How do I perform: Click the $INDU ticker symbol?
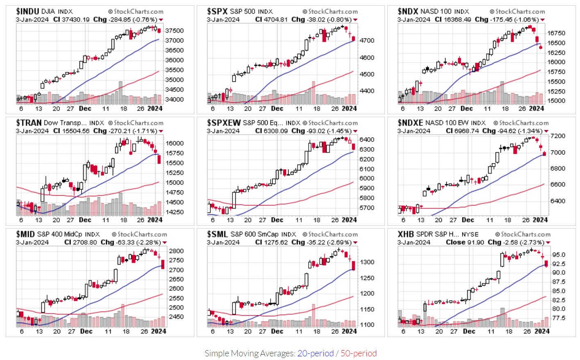pos(27,11)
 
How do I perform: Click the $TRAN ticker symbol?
pos(29,123)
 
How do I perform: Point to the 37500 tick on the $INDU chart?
pos(174,31)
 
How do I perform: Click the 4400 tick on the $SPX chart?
pos(367,91)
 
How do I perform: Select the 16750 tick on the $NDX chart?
pos(557,33)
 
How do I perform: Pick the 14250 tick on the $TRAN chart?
pos(174,212)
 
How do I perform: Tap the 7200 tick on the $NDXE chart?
pos(558,136)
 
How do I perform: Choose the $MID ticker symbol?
pos(25,234)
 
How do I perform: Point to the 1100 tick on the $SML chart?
pos(367,325)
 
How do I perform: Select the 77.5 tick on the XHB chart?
pos(559,318)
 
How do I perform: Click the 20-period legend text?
pos(315,353)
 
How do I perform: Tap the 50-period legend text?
pos(358,353)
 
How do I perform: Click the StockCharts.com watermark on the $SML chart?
pos(330,234)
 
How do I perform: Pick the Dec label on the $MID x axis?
pos(86,331)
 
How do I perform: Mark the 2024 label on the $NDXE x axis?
pos(540,220)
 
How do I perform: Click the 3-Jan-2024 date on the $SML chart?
pos(223,242)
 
